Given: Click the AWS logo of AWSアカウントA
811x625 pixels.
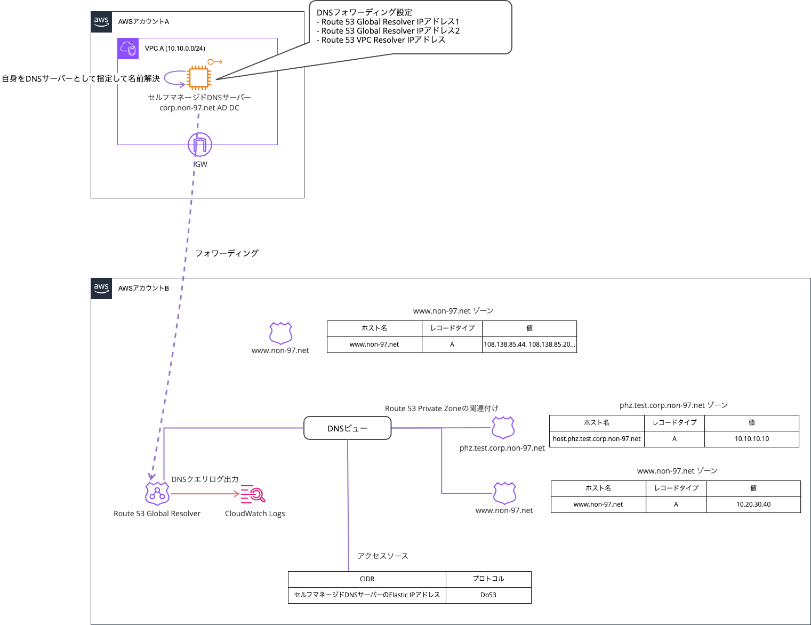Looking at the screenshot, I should (x=101, y=22).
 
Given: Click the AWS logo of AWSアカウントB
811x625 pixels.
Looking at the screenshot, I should (x=101, y=289).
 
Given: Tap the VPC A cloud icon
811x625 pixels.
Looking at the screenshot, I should (x=128, y=49).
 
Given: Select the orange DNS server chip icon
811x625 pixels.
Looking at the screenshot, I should (x=199, y=78).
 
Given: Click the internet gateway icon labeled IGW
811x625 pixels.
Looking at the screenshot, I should (x=200, y=145).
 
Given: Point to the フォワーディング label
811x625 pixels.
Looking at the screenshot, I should (x=227, y=253).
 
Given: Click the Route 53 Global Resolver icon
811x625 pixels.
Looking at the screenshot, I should (x=157, y=494).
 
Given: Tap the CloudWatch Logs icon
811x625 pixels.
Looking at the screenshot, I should (x=253, y=494).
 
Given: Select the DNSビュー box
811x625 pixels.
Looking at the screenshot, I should (x=348, y=428).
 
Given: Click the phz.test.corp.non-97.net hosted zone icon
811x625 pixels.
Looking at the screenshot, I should (x=503, y=428).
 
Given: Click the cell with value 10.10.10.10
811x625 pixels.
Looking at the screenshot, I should (x=752, y=439).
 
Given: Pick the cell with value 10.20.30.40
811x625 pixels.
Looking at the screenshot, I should (x=753, y=504).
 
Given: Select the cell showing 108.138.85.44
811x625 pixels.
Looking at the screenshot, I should (x=529, y=344).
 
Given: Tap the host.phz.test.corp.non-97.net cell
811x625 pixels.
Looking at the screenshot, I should (x=597, y=439).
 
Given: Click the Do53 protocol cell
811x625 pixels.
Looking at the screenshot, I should (x=488, y=595).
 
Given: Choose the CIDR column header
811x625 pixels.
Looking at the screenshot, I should (x=367, y=579).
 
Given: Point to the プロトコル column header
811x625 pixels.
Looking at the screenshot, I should (x=488, y=579).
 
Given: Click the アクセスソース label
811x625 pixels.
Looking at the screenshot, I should (x=383, y=556).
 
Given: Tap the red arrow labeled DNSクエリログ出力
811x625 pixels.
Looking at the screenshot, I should (x=205, y=494).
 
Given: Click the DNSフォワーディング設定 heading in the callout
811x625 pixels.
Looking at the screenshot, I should (x=364, y=12).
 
